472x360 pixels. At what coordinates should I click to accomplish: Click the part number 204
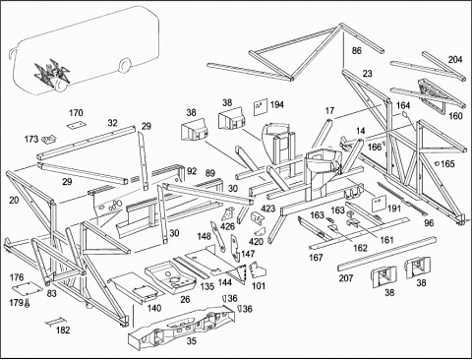455,59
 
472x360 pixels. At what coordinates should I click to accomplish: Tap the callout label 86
357,50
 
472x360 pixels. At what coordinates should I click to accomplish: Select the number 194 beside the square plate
277,104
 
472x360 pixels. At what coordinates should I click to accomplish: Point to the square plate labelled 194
261,107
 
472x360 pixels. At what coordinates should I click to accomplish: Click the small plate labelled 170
76,125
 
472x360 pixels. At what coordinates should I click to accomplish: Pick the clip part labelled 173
49,140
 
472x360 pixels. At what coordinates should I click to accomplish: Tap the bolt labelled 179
27,303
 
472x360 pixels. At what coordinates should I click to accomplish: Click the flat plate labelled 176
28,288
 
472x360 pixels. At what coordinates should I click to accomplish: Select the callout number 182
63,330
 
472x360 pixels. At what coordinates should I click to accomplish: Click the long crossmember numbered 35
181,325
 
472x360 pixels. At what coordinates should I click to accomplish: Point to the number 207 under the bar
346,278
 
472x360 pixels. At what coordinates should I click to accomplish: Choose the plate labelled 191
379,204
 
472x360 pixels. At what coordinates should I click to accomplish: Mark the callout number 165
447,163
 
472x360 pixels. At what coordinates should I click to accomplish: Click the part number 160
455,116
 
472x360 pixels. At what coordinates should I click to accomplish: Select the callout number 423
267,209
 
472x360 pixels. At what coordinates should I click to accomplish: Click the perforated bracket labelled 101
259,270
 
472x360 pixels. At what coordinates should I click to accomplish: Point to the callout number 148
204,236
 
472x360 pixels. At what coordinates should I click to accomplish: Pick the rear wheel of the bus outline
123,66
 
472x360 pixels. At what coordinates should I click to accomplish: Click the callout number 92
192,171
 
